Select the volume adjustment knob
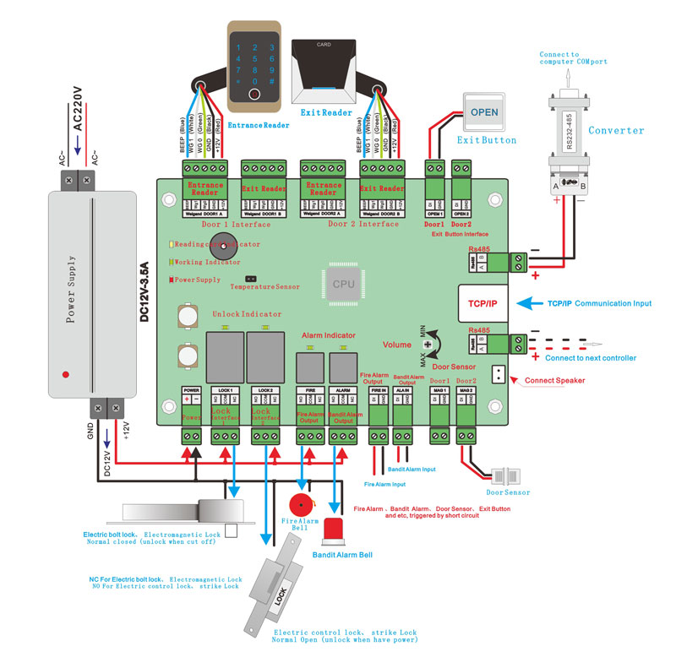tap(428, 345)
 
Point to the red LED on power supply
tap(65, 373)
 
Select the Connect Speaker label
tap(554, 381)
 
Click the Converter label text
tap(616, 131)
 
